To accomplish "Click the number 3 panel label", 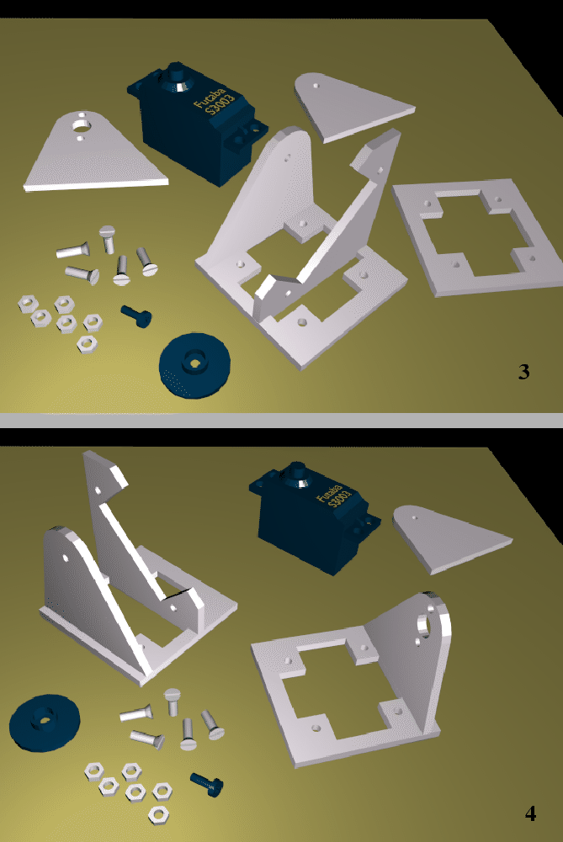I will click(x=523, y=372).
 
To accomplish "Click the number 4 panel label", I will click(x=530, y=813).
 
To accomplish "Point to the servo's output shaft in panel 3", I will click(x=178, y=72).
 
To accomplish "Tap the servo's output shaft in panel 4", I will click(x=296, y=469).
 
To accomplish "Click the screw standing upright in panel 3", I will click(x=107, y=237).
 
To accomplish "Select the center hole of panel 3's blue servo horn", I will click(x=195, y=363).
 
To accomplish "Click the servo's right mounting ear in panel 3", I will click(x=253, y=130).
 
